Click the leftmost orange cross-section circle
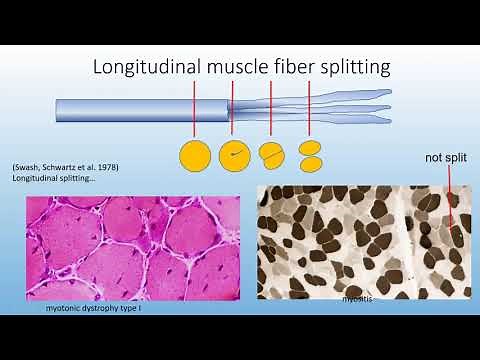[196, 155]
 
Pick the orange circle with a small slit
[236, 155]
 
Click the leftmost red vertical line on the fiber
[195, 108]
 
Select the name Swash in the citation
[28, 167]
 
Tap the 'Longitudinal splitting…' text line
[47, 179]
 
